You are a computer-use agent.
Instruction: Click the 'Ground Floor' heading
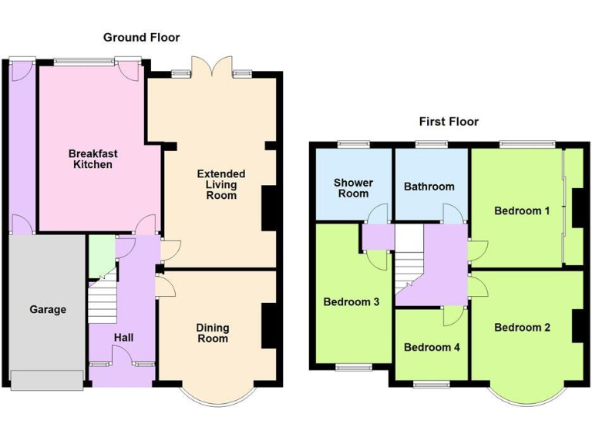point(141,37)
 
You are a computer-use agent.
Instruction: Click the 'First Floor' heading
point(449,121)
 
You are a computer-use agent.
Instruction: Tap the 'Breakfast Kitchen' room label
point(92,159)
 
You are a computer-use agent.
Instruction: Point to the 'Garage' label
point(48,309)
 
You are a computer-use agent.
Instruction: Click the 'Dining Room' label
point(213,333)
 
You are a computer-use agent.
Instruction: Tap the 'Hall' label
point(123,337)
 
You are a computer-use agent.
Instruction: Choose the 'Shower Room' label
point(353,188)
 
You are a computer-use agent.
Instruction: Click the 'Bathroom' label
point(429,186)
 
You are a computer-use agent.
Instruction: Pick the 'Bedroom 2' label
point(522,327)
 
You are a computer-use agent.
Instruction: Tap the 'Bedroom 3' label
point(351,301)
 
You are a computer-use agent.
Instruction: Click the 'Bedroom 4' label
point(432,347)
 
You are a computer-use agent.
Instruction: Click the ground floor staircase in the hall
point(102,302)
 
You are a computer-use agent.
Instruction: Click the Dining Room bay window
point(217,393)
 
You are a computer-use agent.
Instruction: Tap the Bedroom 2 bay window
point(526,393)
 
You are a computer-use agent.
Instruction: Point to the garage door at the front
point(46,379)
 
